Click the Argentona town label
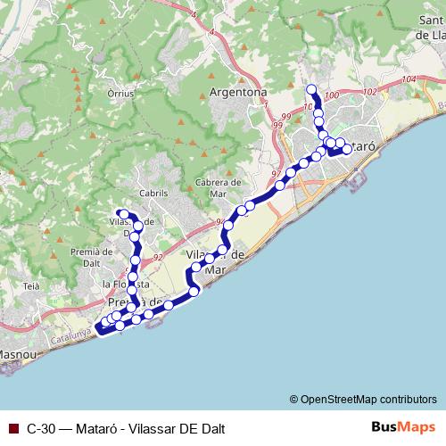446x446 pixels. pos(238,92)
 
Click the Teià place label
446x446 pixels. pos(32,286)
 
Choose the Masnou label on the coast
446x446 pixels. pos(17,354)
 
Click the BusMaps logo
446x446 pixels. pos(401,427)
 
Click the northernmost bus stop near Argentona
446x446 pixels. pos(311,88)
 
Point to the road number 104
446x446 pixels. pos(409,81)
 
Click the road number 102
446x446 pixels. pos(371,92)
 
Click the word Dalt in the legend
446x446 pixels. pos(211,428)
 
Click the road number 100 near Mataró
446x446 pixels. pos(333,95)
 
